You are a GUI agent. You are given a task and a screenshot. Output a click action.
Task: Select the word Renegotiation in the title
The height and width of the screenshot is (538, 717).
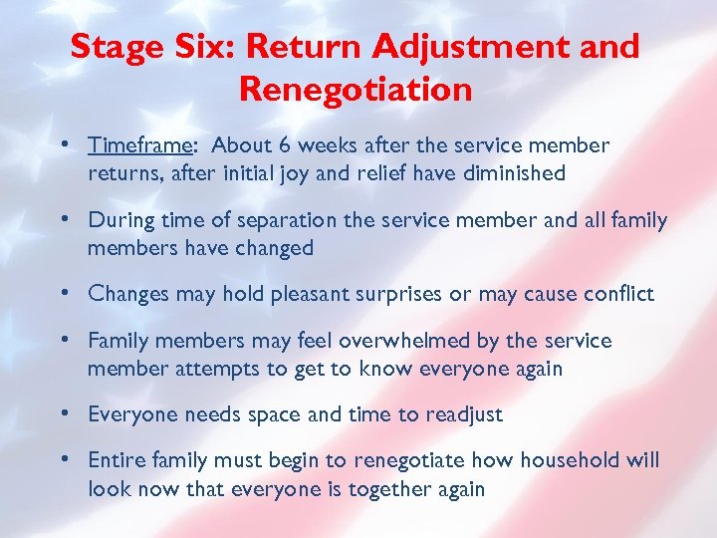point(356,91)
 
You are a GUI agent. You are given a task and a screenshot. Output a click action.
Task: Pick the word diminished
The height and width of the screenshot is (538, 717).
point(516,173)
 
